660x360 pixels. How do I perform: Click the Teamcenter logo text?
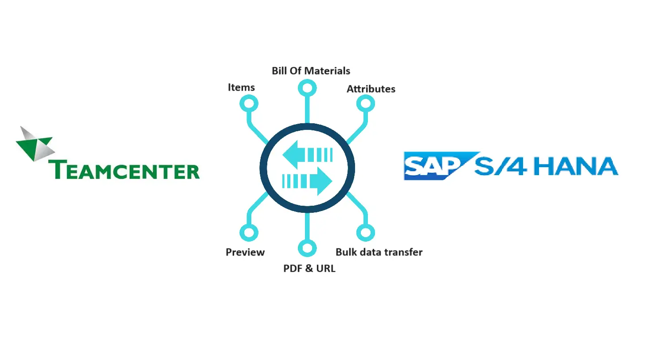coord(124,170)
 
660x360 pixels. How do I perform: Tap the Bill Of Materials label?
coord(311,71)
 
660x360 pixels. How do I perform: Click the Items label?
coord(241,87)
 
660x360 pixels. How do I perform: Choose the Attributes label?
coord(371,89)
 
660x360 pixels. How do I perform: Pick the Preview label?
coord(245,252)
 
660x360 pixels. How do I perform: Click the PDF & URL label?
coord(309,269)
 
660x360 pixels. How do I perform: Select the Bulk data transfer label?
coord(379,252)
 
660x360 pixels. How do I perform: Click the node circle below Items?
coord(249,104)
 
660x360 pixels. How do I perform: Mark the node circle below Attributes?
coord(366,104)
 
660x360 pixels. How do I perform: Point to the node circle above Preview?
coord(249,232)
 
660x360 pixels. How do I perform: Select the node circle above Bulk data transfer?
coord(366,232)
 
